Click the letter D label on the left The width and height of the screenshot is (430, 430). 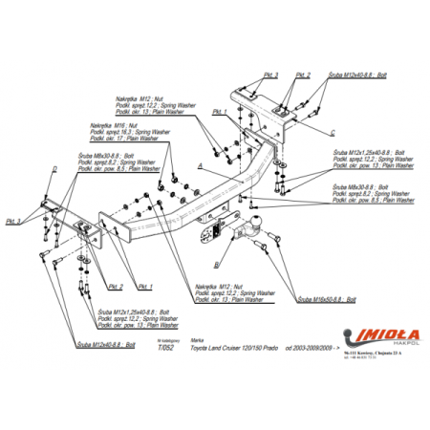(x=54, y=169)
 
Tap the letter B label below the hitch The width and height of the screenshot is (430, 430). (x=219, y=263)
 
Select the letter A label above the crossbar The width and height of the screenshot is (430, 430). (x=200, y=165)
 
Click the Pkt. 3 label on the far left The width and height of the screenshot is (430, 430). (x=13, y=222)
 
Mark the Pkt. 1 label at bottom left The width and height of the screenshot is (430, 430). (x=145, y=286)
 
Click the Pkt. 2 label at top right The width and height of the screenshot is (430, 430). (x=303, y=75)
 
